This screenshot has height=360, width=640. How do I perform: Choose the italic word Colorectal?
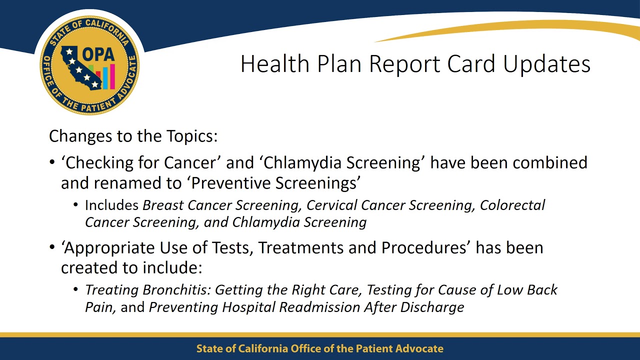(x=512, y=205)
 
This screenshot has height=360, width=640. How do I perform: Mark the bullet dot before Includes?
(x=76, y=205)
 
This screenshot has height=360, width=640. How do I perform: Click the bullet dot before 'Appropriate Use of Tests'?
(x=52, y=248)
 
